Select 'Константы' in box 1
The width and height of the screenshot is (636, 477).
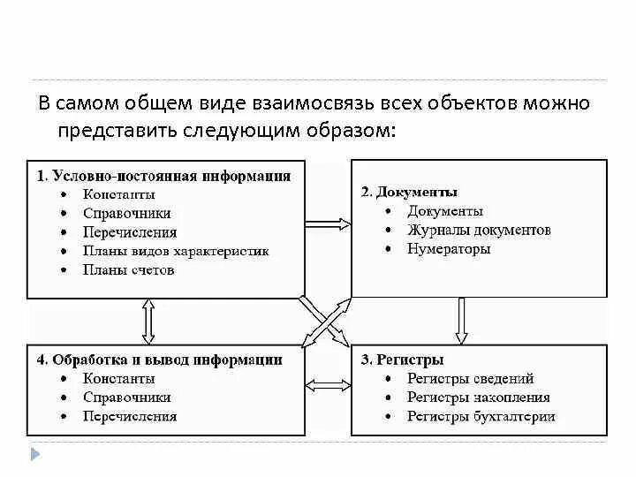[x=119, y=193]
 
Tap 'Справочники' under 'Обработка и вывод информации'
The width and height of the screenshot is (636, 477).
[x=127, y=397]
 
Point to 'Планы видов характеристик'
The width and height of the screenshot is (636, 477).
[x=176, y=251]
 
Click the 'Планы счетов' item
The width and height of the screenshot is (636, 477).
[x=129, y=270]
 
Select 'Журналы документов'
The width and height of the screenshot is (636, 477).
[x=479, y=231]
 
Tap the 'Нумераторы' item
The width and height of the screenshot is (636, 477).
[x=449, y=249]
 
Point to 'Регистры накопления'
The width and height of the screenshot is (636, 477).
[x=478, y=397]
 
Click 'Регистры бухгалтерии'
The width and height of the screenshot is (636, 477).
[x=481, y=417]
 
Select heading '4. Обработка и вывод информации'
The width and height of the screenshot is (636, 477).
[x=160, y=360]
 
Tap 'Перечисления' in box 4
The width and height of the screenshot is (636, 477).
[x=130, y=417]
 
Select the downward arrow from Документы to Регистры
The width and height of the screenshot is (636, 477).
[x=461, y=320]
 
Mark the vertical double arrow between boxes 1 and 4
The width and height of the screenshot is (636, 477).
[x=148, y=320]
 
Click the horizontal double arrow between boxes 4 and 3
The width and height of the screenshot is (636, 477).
[x=327, y=385]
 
